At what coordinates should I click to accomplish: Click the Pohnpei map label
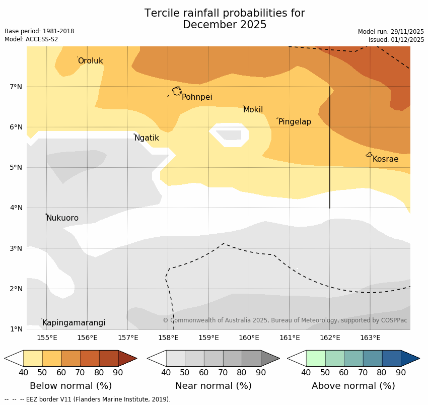point(197,97)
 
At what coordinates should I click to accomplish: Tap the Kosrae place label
point(385,159)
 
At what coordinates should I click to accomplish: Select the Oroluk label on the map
point(90,61)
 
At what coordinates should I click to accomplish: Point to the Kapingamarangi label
point(74,323)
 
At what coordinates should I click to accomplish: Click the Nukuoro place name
point(62,218)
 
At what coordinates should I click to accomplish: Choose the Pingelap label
point(295,122)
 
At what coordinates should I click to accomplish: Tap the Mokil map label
point(253,110)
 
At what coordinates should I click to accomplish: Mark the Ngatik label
point(147,138)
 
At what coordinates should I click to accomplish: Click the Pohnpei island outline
point(177,91)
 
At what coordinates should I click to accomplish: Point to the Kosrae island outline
point(369,155)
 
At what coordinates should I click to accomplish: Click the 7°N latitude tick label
point(16,87)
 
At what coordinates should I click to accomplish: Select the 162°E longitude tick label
point(330,337)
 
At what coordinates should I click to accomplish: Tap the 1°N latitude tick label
point(16,329)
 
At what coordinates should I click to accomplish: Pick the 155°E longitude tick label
point(47,337)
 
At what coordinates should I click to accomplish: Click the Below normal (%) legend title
point(70,386)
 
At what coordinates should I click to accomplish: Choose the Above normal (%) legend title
point(353,386)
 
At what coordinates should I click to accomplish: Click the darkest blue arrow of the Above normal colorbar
point(410,358)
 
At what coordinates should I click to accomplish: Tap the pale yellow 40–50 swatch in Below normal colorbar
point(33,358)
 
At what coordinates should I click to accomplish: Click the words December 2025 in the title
point(225,25)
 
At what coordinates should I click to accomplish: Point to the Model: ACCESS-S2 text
point(31,39)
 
